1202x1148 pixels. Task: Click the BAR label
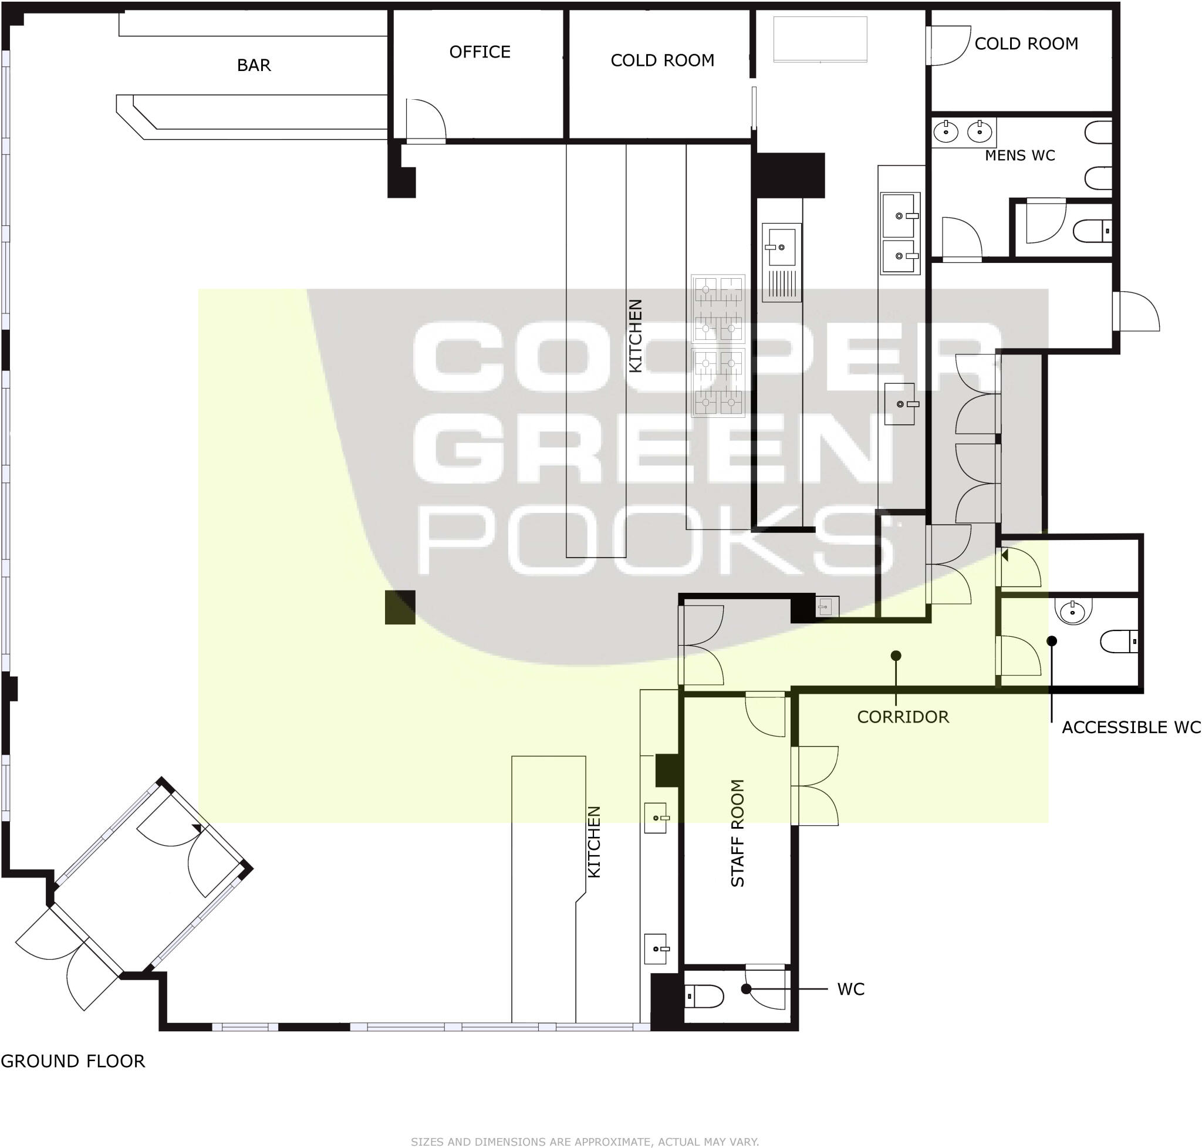[x=254, y=65]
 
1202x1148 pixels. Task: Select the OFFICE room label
[x=480, y=52]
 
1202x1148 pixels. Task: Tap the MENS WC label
[x=1019, y=156]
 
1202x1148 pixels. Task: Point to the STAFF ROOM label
[x=738, y=833]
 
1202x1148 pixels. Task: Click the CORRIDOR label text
[x=903, y=717]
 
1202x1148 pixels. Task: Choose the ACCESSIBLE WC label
[x=1131, y=727]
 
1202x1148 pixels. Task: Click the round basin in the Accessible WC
[x=1073, y=610]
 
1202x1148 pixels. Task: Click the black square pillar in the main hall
[x=400, y=607]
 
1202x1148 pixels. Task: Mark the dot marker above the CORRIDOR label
[x=896, y=656]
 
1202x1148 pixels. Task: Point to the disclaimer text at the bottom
[x=585, y=1142]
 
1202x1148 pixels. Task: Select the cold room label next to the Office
[x=662, y=60]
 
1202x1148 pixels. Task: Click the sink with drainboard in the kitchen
[x=782, y=262]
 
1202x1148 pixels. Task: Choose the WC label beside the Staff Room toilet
[x=850, y=989]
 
